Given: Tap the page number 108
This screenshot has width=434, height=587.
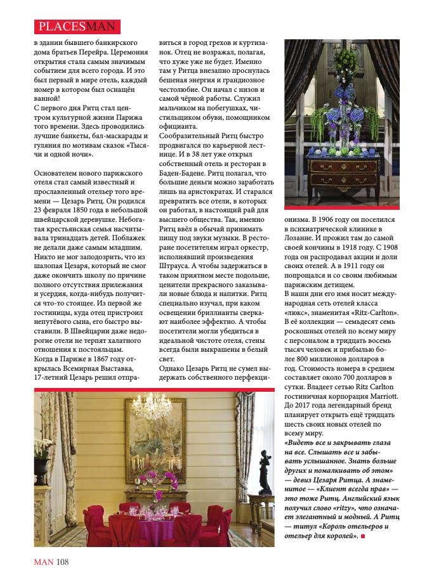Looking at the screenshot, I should pos(62,562).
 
